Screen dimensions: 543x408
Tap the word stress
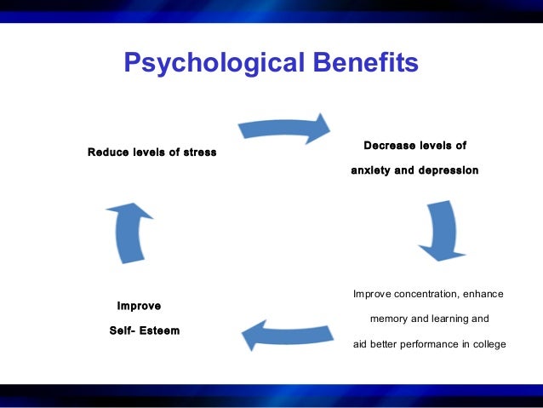point(197,152)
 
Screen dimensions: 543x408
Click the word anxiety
point(370,170)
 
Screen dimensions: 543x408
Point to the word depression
point(449,170)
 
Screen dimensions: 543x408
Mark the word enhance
point(483,295)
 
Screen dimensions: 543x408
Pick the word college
point(489,344)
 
